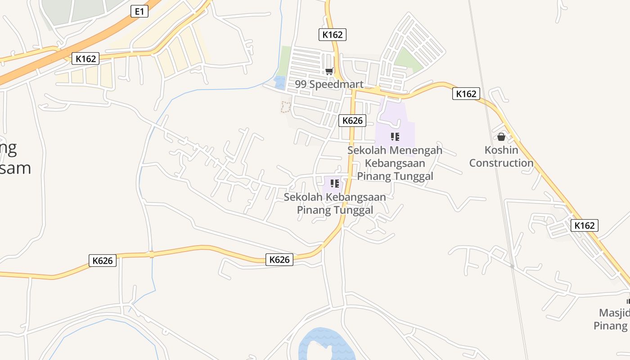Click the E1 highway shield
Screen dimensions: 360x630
click(x=139, y=11)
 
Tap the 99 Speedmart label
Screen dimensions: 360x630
click(x=329, y=84)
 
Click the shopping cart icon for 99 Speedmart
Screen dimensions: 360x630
click(x=329, y=71)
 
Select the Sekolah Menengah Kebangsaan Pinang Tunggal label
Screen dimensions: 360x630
click(x=395, y=163)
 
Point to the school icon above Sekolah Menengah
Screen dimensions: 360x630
click(x=395, y=137)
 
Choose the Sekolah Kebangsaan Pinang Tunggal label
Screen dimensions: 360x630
click(x=335, y=203)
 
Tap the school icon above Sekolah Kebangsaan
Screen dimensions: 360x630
click(x=334, y=183)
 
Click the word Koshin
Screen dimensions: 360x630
click(x=501, y=150)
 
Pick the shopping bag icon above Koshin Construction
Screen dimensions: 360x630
click(x=501, y=137)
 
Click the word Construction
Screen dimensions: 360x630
click(x=501, y=163)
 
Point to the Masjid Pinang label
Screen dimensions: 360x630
click(x=614, y=319)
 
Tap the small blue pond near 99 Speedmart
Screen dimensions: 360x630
click(x=280, y=82)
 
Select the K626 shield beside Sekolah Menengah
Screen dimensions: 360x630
click(x=352, y=120)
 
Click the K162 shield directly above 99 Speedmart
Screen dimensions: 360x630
click(x=333, y=34)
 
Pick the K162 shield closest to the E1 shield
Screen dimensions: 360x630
click(x=85, y=58)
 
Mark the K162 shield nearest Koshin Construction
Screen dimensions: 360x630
click(x=466, y=94)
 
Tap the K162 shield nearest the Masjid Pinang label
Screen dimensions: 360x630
click(x=585, y=225)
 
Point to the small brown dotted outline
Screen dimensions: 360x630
click(x=285, y=107)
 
